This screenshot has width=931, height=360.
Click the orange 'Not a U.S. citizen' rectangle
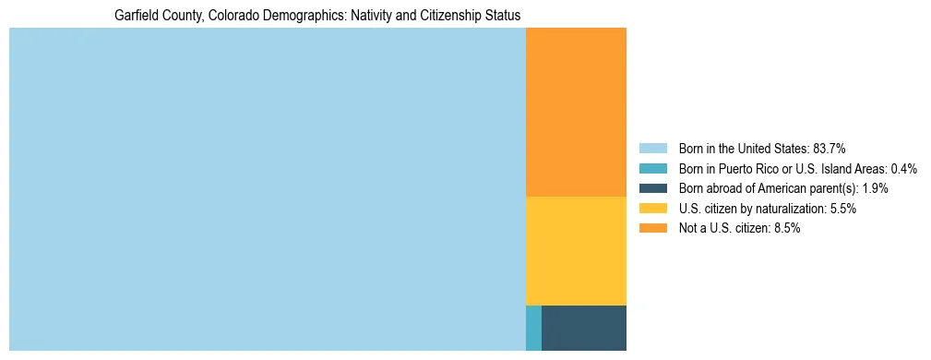[576, 112]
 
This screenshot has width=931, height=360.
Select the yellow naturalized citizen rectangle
[576, 250]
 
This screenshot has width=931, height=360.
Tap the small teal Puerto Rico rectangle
[533, 328]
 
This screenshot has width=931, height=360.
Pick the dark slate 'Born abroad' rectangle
[583, 328]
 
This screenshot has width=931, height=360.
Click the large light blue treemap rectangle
[267, 189]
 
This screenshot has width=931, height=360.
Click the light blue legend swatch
[652, 148]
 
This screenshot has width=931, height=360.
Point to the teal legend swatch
[652, 168]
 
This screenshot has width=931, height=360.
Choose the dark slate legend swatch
[652, 188]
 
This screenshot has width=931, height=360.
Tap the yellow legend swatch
[652, 209]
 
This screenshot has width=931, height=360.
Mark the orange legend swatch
[652, 228]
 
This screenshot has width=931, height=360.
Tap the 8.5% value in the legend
[784, 228]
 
